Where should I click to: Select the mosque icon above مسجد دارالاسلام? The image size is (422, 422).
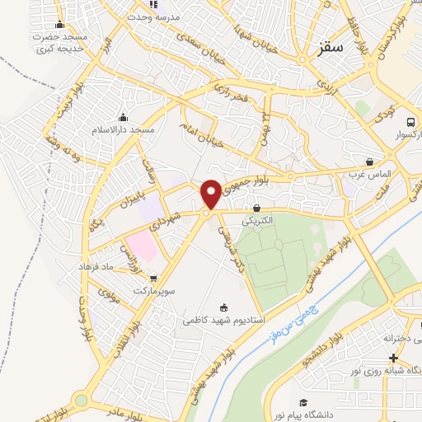[124, 116]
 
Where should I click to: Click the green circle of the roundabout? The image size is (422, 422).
[81, 401]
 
